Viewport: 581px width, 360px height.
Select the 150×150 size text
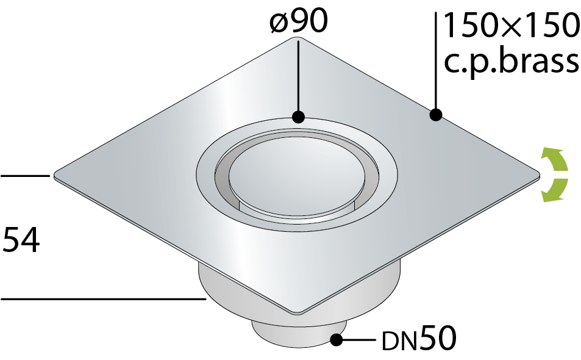pos(511,25)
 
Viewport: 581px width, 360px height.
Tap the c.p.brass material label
pos(511,62)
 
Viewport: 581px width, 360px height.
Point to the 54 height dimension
pos(21,240)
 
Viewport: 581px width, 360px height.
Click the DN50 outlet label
pos(419,338)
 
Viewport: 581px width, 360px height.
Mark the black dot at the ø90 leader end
pos(298,117)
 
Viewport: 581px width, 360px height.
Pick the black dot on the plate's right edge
pos(436,115)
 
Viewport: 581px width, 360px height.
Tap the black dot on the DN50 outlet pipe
pos(336,340)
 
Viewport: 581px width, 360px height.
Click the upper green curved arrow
pos(557,159)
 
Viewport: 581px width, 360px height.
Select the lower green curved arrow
pos(557,190)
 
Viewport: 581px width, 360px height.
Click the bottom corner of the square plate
pos(298,314)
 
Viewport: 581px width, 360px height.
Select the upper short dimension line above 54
pos(25,176)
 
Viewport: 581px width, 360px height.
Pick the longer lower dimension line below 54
pos(104,298)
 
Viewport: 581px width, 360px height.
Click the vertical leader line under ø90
pos(298,76)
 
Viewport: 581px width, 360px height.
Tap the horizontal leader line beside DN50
pos(358,339)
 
